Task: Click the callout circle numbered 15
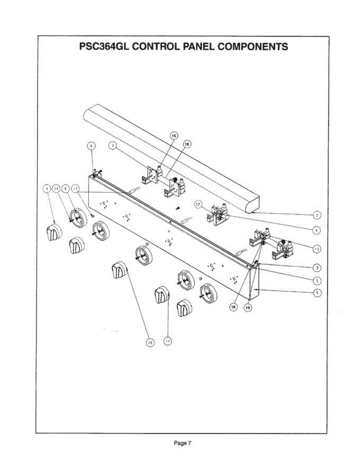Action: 174,135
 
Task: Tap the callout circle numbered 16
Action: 187,144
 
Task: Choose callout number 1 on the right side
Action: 317,293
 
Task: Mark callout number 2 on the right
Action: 317,214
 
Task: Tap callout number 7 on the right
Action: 317,268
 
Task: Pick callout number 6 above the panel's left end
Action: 91,146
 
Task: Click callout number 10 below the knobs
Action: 150,342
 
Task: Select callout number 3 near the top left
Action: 113,146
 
